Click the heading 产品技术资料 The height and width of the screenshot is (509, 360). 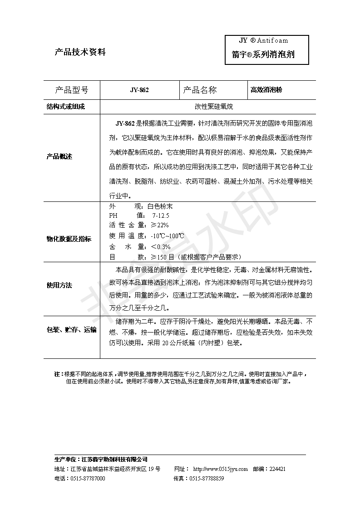point(80,52)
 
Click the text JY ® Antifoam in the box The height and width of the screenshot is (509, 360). point(264,40)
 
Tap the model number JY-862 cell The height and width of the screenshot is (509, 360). point(139,90)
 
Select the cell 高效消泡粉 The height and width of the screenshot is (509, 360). point(266,90)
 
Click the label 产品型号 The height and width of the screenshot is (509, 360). point(71,90)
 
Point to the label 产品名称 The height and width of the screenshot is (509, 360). point(200,90)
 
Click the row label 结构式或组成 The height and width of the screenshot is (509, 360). point(66,107)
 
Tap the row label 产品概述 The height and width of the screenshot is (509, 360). point(59,157)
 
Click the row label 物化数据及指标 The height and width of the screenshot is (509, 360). point(69,239)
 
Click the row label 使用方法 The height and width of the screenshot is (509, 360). point(59,286)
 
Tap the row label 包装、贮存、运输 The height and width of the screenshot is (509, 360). point(72,330)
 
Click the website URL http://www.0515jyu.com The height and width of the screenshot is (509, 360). point(220,469)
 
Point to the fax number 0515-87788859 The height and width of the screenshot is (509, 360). point(207,479)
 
